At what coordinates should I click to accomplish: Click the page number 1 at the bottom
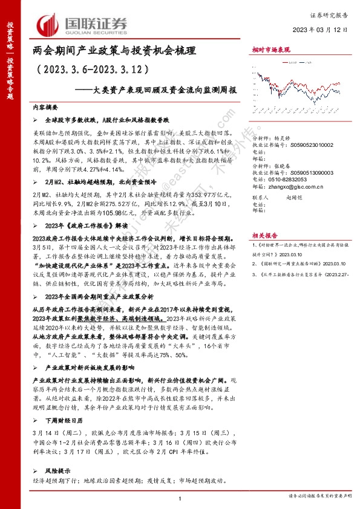180,497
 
